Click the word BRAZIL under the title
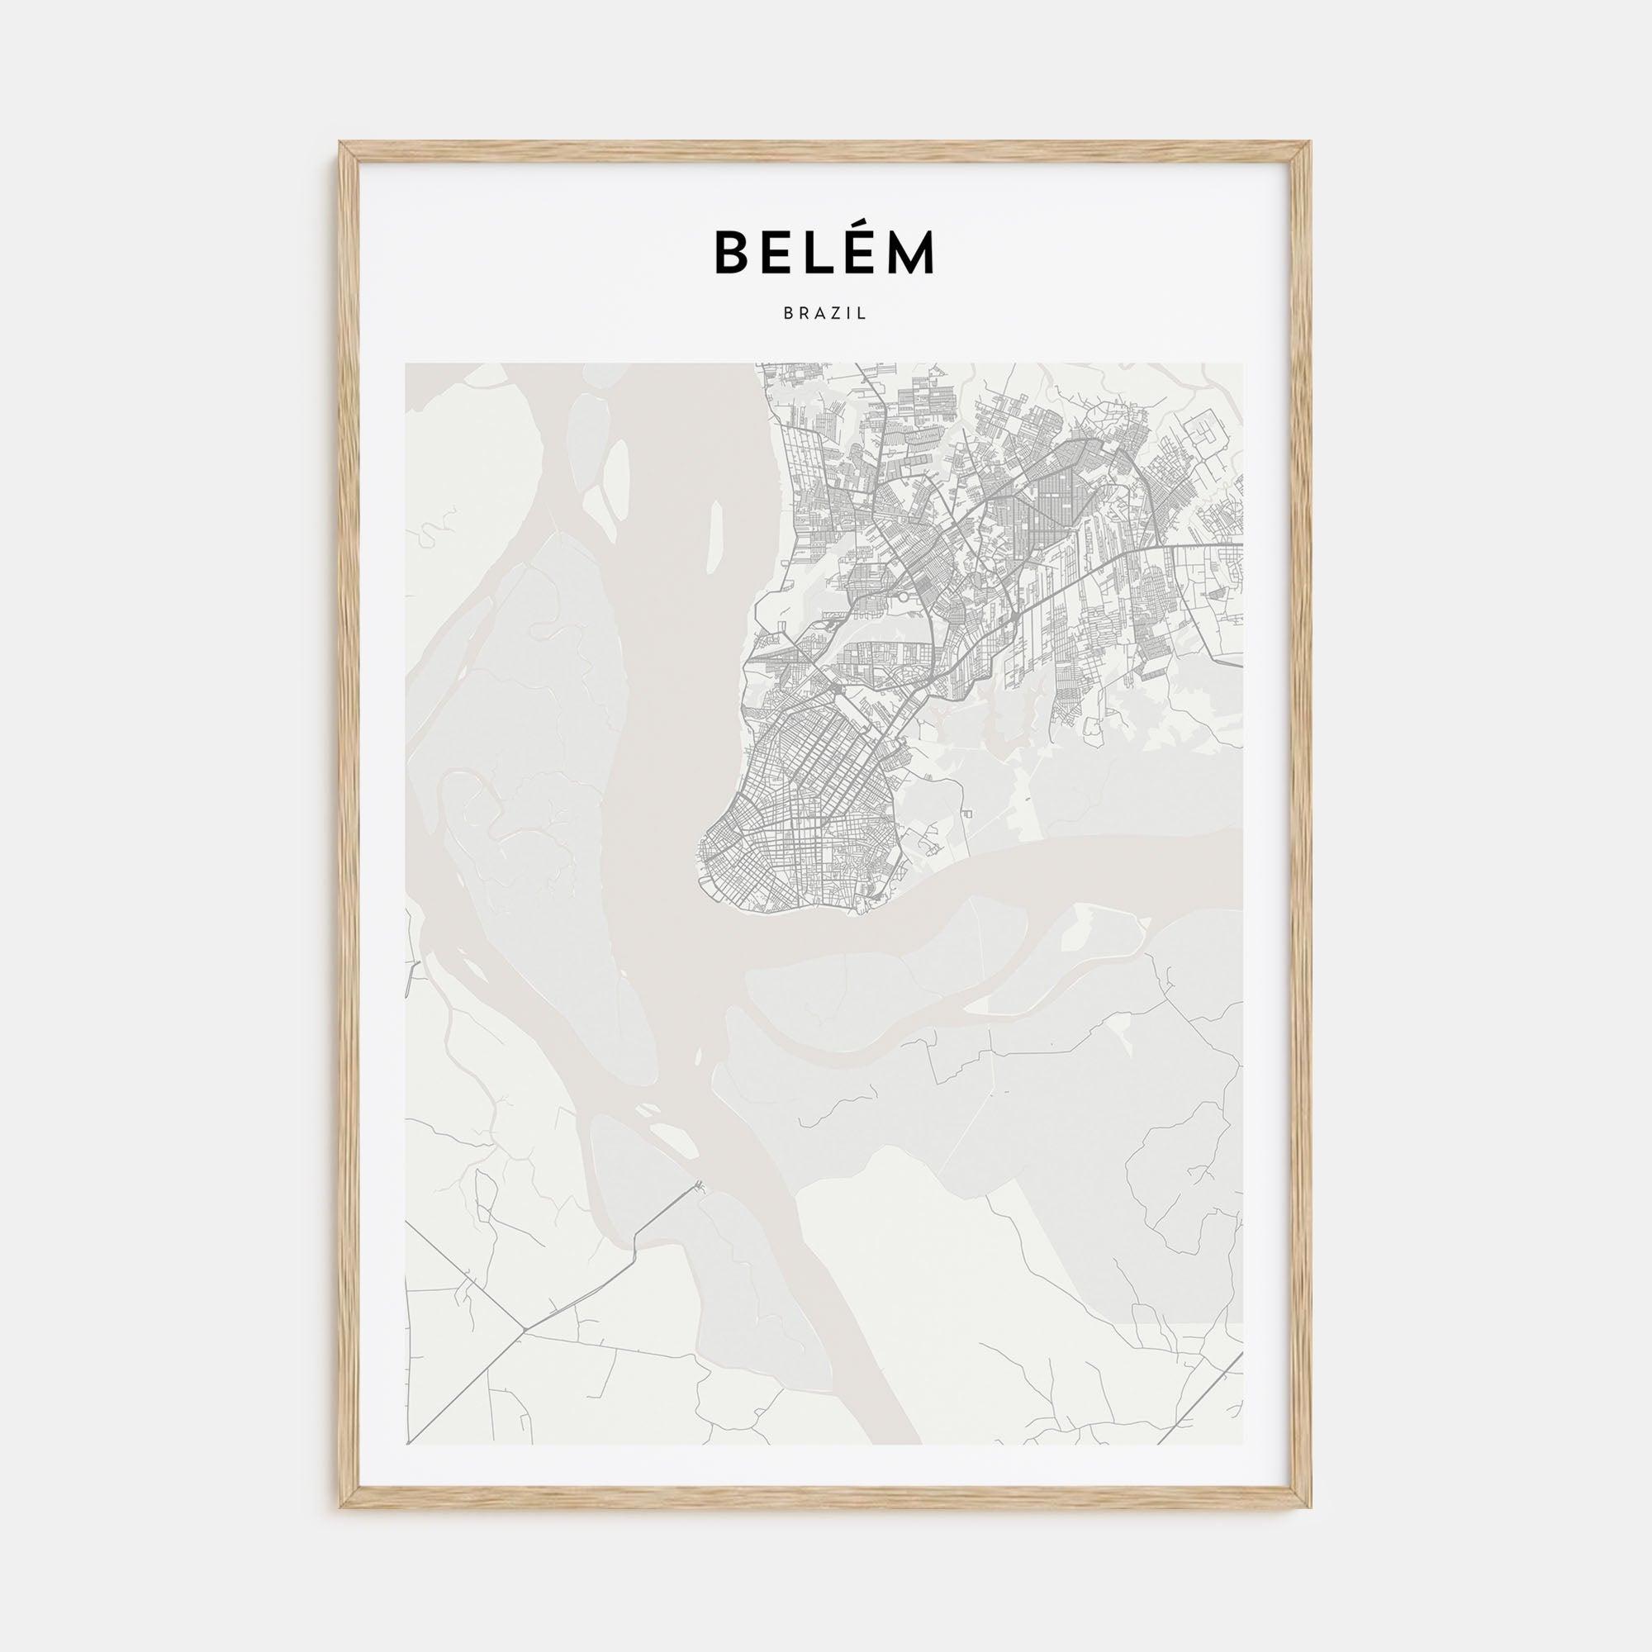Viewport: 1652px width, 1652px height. tap(825, 314)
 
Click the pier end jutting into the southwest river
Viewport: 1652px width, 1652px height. tap(700, 1184)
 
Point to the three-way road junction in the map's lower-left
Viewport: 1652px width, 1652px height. tap(523, 1354)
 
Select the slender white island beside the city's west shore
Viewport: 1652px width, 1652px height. tap(715, 534)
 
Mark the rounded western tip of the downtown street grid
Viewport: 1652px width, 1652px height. tap(703, 855)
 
